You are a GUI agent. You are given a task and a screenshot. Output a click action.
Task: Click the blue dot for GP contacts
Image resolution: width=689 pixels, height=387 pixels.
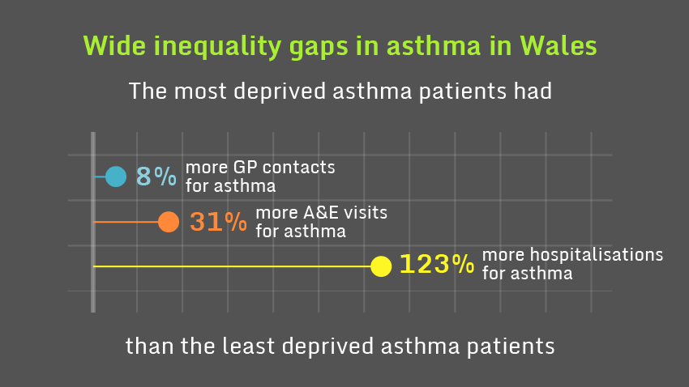tap(116, 176)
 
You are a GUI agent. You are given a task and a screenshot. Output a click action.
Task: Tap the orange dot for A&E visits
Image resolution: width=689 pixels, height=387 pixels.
tap(168, 221)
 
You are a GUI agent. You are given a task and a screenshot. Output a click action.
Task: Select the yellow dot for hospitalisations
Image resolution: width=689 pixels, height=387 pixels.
tap(381, 266)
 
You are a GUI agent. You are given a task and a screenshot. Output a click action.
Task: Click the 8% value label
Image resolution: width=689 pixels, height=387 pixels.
tap(155, 176)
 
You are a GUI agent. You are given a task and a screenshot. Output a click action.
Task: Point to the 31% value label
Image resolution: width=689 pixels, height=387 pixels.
tap(218, 222)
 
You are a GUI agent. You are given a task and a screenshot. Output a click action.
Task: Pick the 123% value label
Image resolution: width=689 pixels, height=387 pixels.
tap(436, 265)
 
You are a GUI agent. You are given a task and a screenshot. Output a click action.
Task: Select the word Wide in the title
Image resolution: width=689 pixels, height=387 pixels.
tap(110, 46)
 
